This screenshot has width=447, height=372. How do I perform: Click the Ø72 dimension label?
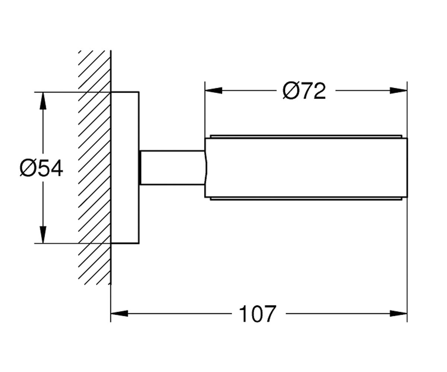(304, 91)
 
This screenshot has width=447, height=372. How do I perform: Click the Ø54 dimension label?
(41, 168)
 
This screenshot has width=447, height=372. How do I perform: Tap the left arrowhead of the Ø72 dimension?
(213, 90)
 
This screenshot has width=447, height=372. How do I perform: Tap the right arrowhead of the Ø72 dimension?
(399, 90)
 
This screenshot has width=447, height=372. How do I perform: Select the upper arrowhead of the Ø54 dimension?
(43, 101)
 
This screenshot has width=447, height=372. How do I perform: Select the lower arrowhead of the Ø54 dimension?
(43, 235)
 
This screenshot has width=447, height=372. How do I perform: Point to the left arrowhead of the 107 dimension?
(119, 314)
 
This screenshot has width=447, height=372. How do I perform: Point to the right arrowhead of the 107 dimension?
(399, 314)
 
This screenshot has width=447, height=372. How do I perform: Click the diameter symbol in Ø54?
(28, 168)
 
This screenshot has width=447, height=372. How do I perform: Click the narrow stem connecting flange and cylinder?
(172, 167)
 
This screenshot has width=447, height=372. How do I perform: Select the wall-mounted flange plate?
(125, 168)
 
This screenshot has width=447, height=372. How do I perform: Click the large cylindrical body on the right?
(306, 168)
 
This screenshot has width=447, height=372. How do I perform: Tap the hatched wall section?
(95, 168)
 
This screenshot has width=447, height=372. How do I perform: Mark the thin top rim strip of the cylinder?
(306, 137)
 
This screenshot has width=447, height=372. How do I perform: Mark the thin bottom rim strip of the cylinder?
(306, 198)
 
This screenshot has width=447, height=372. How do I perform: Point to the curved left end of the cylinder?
(206, 168)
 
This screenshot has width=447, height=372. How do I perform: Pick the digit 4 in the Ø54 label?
(57, 168)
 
